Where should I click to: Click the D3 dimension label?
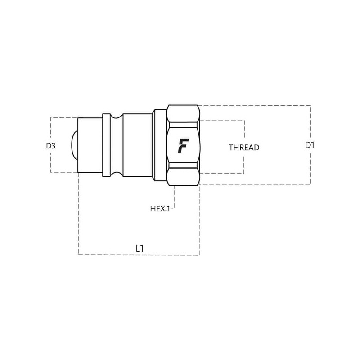(51, 146)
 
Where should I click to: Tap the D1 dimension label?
(310, 145)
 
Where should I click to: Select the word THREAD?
(244, 148)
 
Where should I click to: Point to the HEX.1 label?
(160, 209)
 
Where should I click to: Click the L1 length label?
(139, 248)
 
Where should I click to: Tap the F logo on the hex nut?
(183, 145)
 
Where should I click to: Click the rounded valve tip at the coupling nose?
(74, 145)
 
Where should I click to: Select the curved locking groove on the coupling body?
(117, 145)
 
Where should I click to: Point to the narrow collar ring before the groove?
(106, 145)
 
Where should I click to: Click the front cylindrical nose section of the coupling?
(90, 145)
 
